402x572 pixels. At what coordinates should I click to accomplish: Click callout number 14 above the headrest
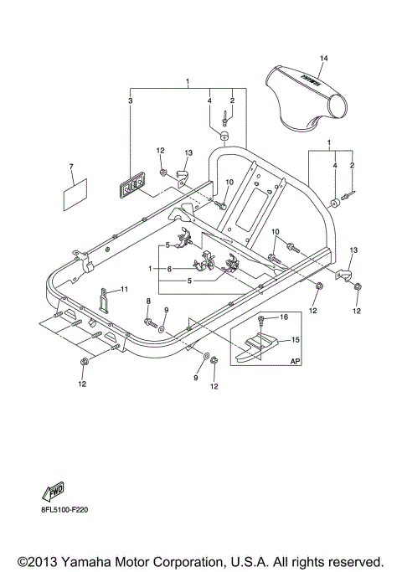[323, 58]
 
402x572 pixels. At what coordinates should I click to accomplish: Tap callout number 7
[71, 167]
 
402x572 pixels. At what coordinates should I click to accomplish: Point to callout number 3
[130, 100]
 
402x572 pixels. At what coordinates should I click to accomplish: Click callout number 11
[123, 290]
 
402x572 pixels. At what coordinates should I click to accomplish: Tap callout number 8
[147, 300]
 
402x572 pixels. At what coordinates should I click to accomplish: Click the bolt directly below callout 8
[148, 322]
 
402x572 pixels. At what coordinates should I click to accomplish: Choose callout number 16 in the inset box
[283, 317]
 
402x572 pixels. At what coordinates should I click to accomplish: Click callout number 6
[169, 269]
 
